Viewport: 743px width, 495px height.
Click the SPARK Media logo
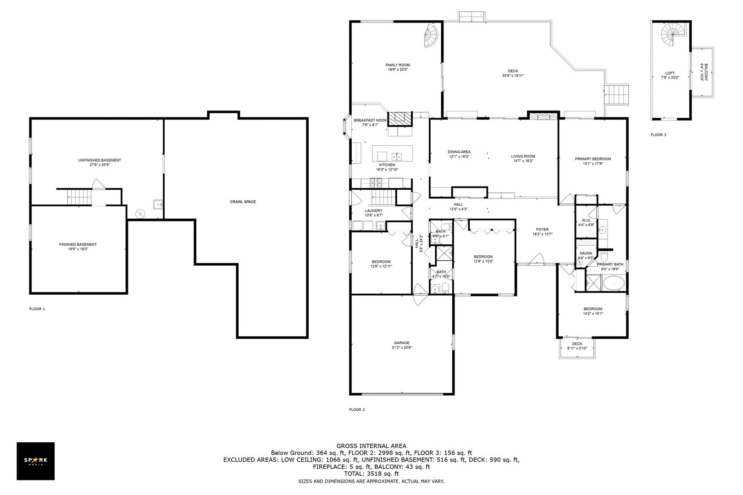pos(35,461)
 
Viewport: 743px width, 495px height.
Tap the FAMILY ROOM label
pos(397,65)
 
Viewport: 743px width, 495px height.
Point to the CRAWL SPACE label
pos(243,202)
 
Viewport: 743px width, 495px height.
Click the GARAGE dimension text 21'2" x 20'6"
pos(402,347)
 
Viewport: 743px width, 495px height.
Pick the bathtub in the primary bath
pos(614,283)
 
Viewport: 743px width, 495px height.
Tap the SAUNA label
pos(586,253)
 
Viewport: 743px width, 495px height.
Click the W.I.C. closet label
pos(586,220)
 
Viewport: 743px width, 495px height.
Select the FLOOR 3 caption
pos(658,135)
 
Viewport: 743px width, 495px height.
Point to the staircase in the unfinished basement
pos(79,197)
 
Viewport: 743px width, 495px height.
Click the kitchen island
pos(393,154)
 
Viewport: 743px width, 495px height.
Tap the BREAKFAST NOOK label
pos(370,121)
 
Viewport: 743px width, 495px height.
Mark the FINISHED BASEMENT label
pos(78,244)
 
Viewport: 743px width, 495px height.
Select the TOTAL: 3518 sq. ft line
pos(371,474)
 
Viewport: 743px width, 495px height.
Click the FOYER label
pos(542,230)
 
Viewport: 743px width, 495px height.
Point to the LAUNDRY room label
pos(373,210)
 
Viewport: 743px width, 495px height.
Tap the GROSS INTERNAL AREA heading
pos(371,446)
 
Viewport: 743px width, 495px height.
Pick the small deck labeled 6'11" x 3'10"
pos(577,348)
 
